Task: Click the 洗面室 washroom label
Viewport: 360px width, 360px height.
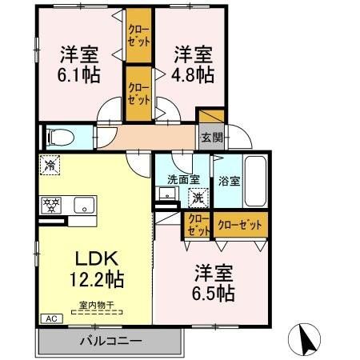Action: tap(182, 179)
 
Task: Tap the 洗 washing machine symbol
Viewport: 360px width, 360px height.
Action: tap(195, 197)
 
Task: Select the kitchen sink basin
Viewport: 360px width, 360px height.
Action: tap(84, 205)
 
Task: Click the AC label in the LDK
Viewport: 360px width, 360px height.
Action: tap(50, 318)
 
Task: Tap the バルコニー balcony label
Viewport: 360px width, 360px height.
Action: tap(110, 339)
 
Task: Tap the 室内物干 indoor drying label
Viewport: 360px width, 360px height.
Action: tap(96, 303)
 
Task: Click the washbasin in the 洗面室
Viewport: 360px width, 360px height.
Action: tap(166, 194)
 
